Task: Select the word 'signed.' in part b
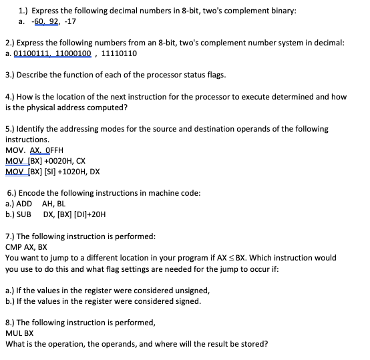[x=186, y=301]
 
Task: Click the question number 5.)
[x=9, y=128]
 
